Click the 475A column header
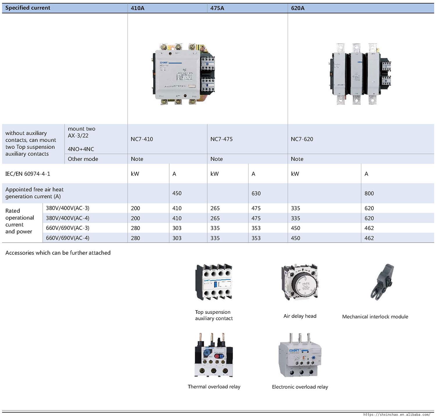tap(217, 8)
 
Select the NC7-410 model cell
tap(142, 139)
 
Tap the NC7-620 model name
tap(302, 139)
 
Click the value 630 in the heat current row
tap(256, 193)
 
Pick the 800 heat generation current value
tap(369, 193)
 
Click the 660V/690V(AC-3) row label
tap(68, 228)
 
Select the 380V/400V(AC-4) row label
tap(68, 218)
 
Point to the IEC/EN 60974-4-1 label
tap(28, 174)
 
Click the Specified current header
tap(28, 8)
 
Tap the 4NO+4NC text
tap(81, 149)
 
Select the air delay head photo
tap(299, 283)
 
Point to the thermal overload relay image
tap(214, 355)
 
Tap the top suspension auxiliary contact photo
tap(214, 282)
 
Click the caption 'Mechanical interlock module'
tap(375, 317)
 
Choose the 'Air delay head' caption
tap(300, 316)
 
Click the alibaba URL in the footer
tap(396, 414)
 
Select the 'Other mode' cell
tap(83, 159)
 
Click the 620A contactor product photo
tap(360, 74)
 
